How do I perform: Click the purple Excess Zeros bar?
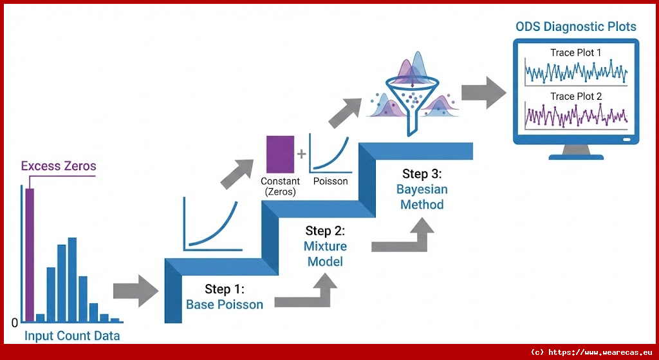click(x=29, y=254)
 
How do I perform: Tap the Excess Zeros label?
click(x=59, y=166)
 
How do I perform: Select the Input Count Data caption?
click(x=72, y=336)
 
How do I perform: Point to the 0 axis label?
click(x=15, y=323)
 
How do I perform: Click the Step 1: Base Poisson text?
click(x=225, y=297)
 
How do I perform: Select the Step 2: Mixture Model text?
click(x=326, y=246)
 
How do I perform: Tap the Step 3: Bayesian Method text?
click(x=422, y=189)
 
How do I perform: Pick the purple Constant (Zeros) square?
click(x=280, y=154)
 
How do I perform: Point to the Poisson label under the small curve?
click(x=330, y=182)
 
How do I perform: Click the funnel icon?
click(x=409, y=97)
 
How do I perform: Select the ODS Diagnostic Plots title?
click(x=576, y=27)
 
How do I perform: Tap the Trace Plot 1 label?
click(x=576, y=52)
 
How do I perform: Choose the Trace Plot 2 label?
click(x=576, y=97)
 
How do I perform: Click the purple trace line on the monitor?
click(x=576, y=116)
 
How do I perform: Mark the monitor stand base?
click(x=576, y=156)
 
